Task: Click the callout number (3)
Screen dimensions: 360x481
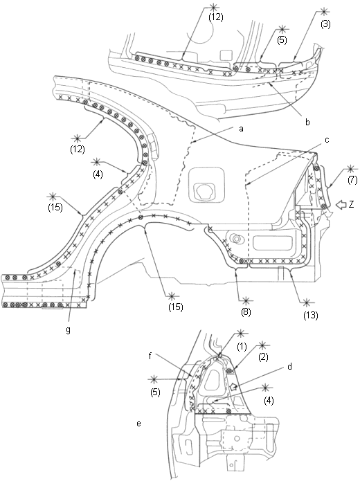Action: point(325,24)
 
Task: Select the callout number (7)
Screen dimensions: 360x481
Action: point(352,180)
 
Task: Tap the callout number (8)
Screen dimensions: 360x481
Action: point(246,312)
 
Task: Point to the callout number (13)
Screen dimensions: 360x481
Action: point(310,315)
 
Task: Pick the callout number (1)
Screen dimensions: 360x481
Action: point(242,347)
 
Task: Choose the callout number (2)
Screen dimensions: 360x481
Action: point(263,357)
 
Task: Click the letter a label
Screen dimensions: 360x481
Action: point(241,129)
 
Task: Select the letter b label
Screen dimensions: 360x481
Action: point(307,122)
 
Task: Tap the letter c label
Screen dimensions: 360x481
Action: point(327,140)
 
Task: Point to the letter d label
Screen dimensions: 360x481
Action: point(289,366)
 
